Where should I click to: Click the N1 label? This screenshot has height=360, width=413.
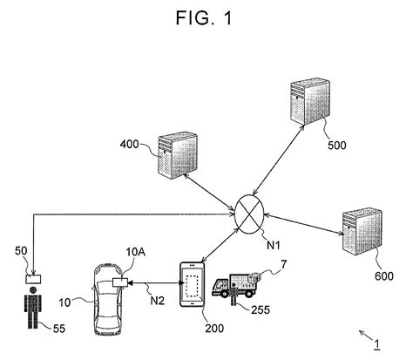(x=274, y=246)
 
